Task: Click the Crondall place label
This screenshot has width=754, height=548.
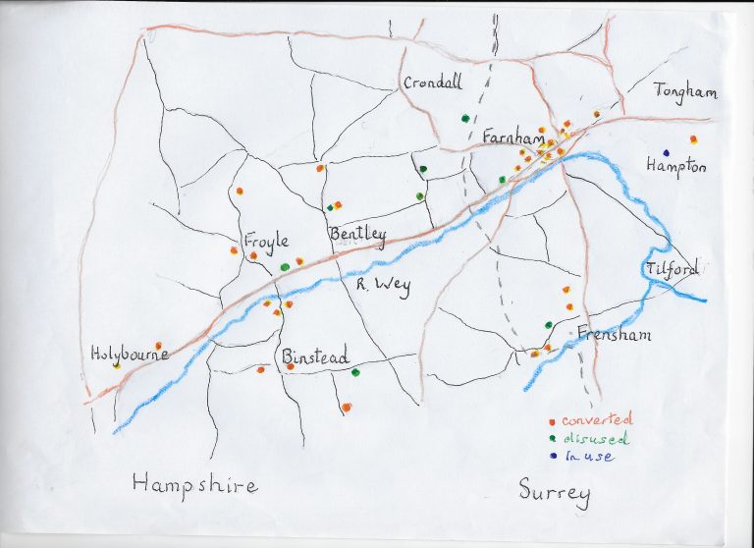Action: point(432,83)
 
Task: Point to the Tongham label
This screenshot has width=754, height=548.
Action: point(686,92)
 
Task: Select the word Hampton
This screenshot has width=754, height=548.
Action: point(675,167)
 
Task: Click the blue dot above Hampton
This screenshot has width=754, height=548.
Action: point(667,152)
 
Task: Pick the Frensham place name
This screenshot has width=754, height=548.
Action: point(614,334)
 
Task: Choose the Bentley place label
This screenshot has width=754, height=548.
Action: point(357,234)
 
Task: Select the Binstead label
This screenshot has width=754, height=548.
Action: point(314,357)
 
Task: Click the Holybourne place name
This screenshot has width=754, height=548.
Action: point(130,354)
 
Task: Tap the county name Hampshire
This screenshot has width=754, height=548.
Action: point(194,483)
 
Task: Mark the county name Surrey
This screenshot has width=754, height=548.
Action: point(557,491)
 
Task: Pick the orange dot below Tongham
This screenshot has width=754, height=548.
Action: point(693,139)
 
